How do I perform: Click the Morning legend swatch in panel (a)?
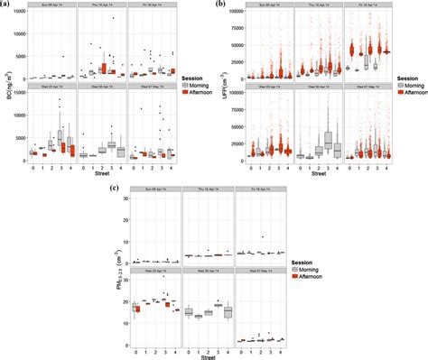[184, 83]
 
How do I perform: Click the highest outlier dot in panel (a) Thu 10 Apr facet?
[113, 18]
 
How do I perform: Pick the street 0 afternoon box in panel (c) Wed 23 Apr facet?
[138, 309]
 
